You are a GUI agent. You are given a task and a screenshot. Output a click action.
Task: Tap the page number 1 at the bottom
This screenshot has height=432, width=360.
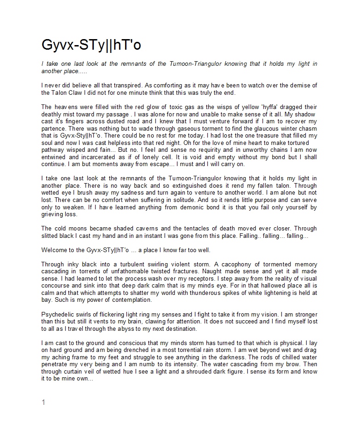[x=43, y=403]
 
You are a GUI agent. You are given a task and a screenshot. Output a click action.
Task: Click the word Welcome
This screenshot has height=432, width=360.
[x=56, y=250]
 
